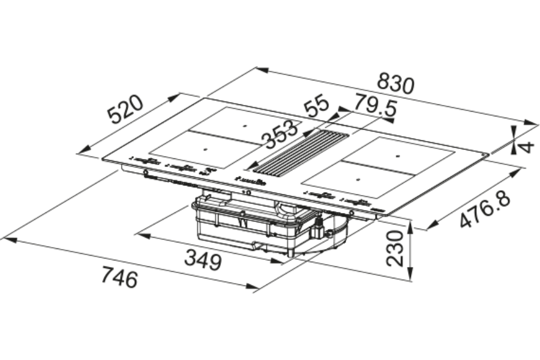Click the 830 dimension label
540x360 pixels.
coord(395,84)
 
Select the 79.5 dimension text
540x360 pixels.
coord(376,105)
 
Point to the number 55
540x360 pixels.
coord(317,106)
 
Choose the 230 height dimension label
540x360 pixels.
coord(395,248)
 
